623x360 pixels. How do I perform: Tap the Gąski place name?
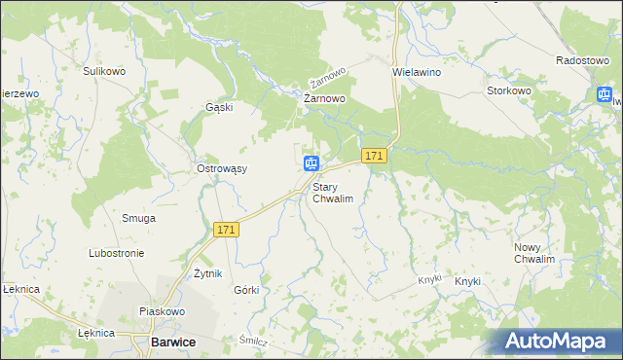[219, 107]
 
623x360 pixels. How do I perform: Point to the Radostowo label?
[582, 59]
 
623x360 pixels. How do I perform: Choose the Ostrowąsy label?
[222, 168]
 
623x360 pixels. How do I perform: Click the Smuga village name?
[138, 218]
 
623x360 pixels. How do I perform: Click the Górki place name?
[246, 290]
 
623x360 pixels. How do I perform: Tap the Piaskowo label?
[162, 311]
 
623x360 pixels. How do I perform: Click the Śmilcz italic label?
[253, 342]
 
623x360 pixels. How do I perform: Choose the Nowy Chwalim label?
[534, 253]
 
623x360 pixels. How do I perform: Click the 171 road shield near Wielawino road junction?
[375, 155]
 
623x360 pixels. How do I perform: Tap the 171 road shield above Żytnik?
[226, 230]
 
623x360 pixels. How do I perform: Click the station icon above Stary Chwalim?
[311, 163]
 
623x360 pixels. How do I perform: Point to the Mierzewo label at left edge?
[18, 92]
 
